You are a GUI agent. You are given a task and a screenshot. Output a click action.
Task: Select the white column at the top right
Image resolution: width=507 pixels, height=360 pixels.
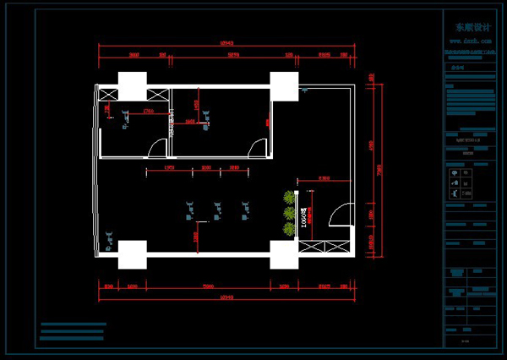click(285, 86)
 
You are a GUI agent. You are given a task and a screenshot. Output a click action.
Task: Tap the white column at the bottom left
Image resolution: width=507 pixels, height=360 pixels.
click(132, 254)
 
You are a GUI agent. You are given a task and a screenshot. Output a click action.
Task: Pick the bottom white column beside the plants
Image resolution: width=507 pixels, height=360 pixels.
click(284, 254)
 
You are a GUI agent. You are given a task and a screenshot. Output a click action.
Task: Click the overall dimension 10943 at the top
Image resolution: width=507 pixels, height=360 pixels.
click(226, 41)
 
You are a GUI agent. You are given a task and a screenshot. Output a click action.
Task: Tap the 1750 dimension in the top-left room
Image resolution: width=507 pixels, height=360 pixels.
click(148, 111)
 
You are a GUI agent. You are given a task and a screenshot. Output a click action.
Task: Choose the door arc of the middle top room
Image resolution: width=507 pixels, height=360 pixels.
click(256, 149)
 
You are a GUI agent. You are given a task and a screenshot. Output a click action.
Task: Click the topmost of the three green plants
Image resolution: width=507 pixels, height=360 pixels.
click(290, 198)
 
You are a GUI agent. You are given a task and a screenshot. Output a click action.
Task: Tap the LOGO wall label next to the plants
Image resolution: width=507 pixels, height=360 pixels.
click(300, 219)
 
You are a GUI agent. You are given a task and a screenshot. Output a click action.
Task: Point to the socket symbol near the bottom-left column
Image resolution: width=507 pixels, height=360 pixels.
click(109, 241)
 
